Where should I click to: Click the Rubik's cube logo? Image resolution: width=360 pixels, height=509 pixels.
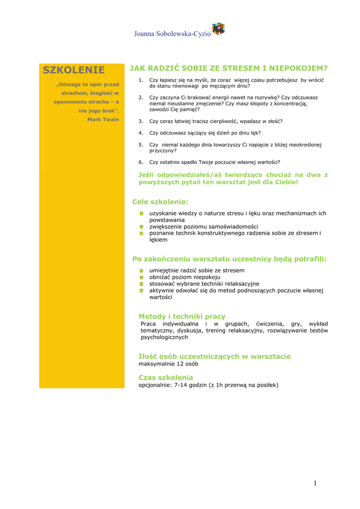[218, 29]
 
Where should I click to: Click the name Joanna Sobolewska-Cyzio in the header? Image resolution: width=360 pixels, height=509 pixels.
[172, 34]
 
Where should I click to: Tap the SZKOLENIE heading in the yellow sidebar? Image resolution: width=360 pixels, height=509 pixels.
[74, 70]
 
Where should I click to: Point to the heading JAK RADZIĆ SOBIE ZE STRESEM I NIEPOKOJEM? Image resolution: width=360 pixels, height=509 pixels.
[229, 68]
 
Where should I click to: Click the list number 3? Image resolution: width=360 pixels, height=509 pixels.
[141, 121]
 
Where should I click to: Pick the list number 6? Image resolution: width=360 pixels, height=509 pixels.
[141, 162]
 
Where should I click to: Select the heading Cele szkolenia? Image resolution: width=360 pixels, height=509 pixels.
[160, 202]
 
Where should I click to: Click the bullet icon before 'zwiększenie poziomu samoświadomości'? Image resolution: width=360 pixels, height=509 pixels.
[142, 227]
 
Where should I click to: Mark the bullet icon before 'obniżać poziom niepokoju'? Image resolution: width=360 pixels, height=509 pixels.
[142, 277]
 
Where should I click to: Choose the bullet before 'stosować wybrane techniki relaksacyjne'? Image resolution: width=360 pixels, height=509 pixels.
[142, 284]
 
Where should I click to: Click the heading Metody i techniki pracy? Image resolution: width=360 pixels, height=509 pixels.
[181, 316]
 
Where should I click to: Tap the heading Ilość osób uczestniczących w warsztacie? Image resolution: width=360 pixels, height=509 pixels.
[214, 356]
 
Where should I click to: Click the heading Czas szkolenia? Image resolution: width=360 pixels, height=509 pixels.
[166, 378]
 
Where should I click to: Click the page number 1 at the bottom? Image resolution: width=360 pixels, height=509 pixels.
[315, 483]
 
